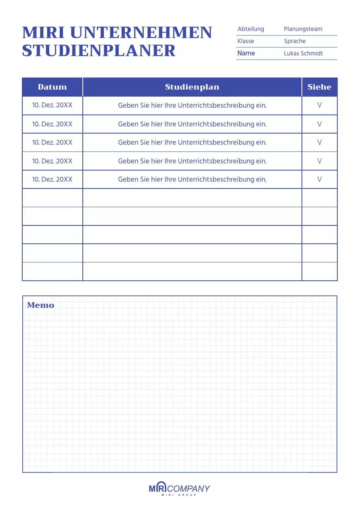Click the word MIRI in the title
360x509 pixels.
point(43,33)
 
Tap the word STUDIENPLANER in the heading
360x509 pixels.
point(99,51)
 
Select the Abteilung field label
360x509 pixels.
point(251,29)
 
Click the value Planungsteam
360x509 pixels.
point(303,29)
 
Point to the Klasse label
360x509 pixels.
point(246,41)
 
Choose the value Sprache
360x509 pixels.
point(295,41)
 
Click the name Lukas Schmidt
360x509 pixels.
point(304,53)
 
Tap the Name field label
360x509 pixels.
point(246,53)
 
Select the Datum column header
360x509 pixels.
point(52,87)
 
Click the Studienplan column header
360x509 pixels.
point(192,87)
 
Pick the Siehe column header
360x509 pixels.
point(319,87)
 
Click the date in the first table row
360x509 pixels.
point(52,105)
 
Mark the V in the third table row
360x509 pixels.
point(319,142)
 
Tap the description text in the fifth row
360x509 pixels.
point(192,179)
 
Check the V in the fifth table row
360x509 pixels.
point(319,179)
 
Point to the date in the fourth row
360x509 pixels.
point(52,161)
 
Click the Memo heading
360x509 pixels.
point(41,305)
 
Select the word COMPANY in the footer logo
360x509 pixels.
point(189,488)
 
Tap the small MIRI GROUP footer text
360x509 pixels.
point(179,495)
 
